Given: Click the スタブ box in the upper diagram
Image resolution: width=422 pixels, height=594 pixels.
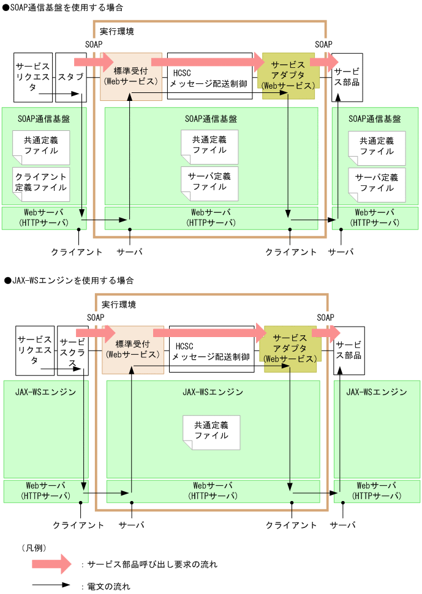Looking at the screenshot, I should click(70, 77).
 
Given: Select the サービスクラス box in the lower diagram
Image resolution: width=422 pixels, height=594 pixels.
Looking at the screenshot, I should click(72, 351).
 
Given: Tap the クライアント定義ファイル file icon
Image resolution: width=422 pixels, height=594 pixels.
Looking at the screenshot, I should click(41, 182).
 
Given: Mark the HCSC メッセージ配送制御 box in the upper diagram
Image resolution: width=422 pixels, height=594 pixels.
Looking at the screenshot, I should click(209, 76).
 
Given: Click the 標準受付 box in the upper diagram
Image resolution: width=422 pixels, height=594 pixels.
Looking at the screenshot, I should click(131, 76).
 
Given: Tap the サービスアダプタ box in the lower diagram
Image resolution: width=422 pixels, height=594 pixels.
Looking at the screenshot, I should click(290, 349).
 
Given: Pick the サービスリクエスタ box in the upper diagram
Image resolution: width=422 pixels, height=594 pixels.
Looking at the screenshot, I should click(33, 77).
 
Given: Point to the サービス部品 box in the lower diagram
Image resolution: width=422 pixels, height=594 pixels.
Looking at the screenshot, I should click(349, 350).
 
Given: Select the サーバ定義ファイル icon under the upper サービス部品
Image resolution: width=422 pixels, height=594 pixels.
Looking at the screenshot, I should click(377, 183).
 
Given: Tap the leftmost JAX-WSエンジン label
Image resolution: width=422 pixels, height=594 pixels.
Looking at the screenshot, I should click(46, 392).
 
